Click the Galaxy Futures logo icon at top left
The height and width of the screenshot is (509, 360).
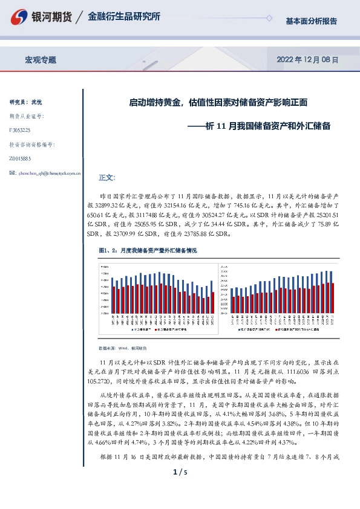pyautogui.click(x=19, y=17)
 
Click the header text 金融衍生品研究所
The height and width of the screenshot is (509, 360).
pyautogui.click(x=124, y=17)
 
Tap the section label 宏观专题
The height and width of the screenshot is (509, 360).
pyautogui.click(x=40, y=60)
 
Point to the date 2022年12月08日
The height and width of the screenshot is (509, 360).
pyautogui.click(x=307, y=60)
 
